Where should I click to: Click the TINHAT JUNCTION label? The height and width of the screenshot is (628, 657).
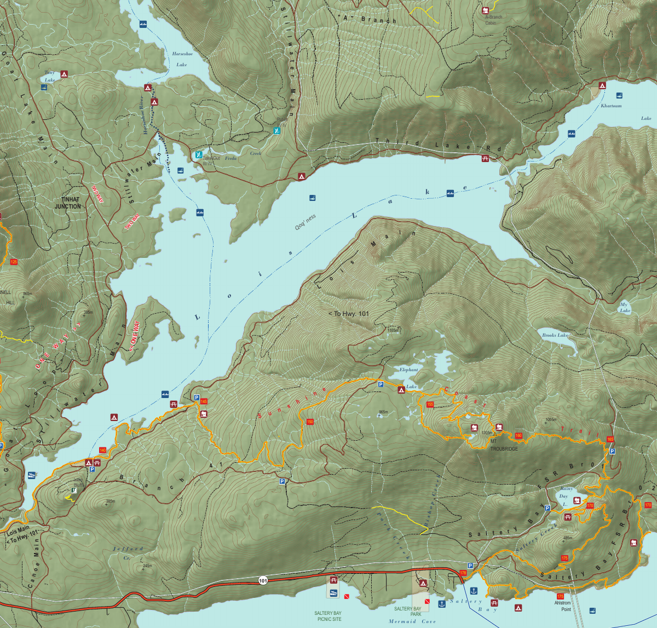pyautogui.click(x=68, y=203)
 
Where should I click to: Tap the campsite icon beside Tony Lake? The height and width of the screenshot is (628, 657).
pyautogui.click(x=64, y=73)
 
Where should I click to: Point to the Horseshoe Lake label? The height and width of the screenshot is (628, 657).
pyautogui.click(x=182, y=59)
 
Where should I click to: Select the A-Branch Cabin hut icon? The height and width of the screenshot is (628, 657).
pyautogui.click(x=485, y=10)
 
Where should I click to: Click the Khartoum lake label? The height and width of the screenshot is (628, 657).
pyautogui.click(x=611, y=106)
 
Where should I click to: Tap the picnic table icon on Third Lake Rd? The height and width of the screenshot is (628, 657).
pyautogui.click(x=485, y=159)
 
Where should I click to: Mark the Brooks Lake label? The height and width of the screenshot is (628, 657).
pyautogui.click(x=555, y=335)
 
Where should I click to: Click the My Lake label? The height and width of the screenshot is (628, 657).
pyautogui.click(x=625, y=307)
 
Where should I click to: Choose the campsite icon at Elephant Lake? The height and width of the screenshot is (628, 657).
pyautogui.click(x=401, y=390)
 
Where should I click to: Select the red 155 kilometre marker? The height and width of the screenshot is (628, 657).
pyautogui.click(x=430, y=405)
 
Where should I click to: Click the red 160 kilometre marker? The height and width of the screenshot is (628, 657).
pyautogui.click(x=518, y=436)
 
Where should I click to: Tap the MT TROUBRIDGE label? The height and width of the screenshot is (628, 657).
pyautogui.click(x=504, y=445)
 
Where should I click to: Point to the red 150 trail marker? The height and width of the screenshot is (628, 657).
pyautogui.click(x=310, y=422)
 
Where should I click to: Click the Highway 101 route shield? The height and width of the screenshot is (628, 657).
pyautogui.click(x=263, y=580)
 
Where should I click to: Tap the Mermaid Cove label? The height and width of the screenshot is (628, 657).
pyautogui.click(x=412, y=621)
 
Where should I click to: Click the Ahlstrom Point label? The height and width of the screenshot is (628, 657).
pyautogui.click(x=562, y=606)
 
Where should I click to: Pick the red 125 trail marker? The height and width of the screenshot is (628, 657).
pyautogui.click(x=14, y=262)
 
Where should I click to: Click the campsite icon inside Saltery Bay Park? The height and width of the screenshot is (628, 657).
pyautogui.click(x=423, y=583)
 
